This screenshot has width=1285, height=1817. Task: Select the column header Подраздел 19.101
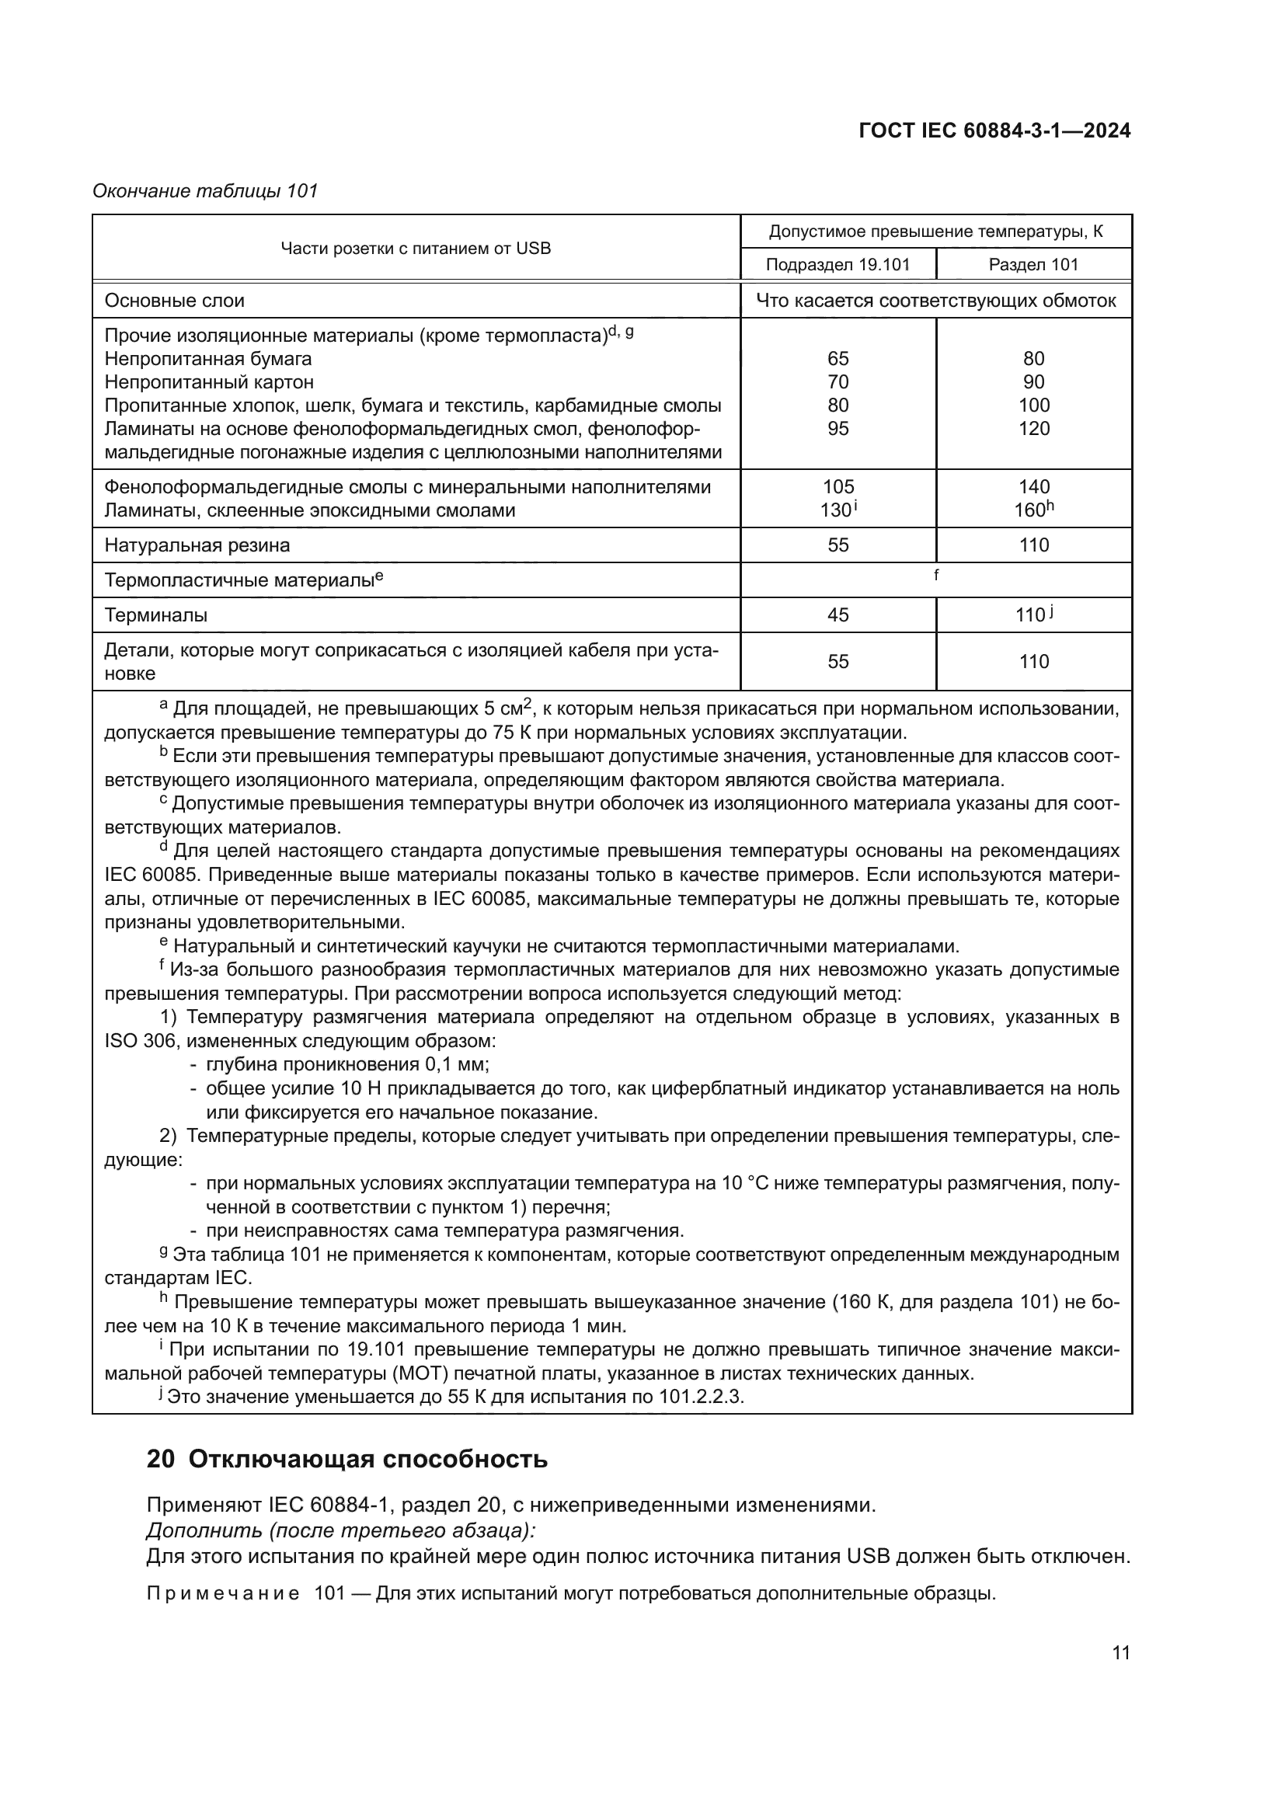pyautogui.click(x=838, y=264)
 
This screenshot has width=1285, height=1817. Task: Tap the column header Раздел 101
pyautogui.click(x=1033, y=264)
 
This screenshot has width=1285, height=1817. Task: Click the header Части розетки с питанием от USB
pyautogui.click(x=416, y=248)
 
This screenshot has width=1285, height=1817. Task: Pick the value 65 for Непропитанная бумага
pyautogui.click(x=838, y=358)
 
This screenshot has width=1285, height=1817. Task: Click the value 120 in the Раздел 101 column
pyautogui.click(x=1033, y=428)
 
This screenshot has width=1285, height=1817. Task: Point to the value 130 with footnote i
pyautogui.click(x=838, y=510)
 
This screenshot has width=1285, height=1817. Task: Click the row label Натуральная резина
pyautogui.click(x=197, y=545)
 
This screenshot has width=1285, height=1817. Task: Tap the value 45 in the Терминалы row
pyautogui.click(x=838, y=615)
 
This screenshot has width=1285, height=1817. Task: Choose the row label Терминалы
pyautogui.click(x=156, y=615)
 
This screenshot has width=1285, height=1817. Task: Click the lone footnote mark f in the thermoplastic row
pyautogui.click(x=936, y=576)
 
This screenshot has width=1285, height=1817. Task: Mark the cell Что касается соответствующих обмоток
pyautogui.click(x=936, y=301)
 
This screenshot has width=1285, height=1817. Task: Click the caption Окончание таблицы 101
pyautogui.click(x=205, y=191)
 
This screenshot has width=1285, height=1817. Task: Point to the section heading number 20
pyautogui.click(x=160, y=1459)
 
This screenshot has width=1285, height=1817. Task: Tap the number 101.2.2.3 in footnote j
pyautogui.click(x=700, y=1396)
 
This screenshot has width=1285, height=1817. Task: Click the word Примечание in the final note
pyautogui.click(x=223, y=1593)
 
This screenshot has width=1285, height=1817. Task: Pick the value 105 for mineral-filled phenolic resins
pyautogui.click(x=838, y=487)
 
